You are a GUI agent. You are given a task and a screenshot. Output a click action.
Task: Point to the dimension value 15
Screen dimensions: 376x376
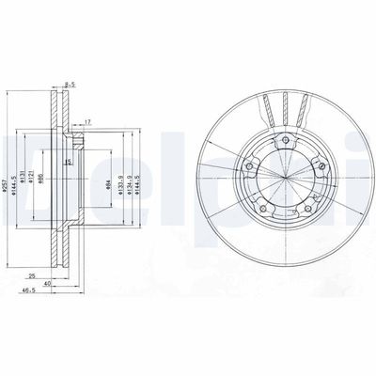tap(69, 163)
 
